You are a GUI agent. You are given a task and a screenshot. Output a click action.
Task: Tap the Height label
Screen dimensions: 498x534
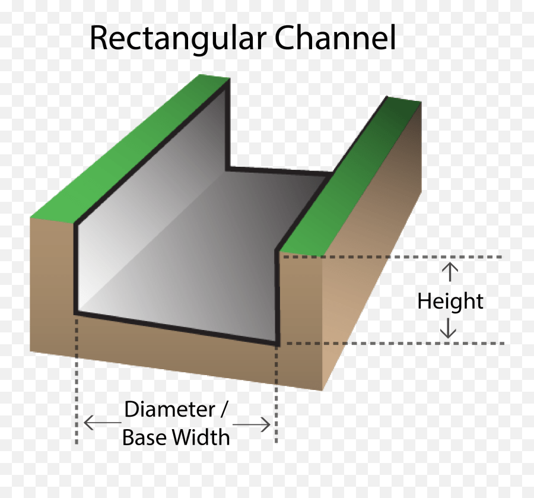click(450, 302)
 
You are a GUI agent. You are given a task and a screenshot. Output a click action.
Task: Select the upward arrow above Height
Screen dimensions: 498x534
click(450, 272)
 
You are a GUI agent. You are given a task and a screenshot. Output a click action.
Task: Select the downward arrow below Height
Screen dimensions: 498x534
click(449, 328)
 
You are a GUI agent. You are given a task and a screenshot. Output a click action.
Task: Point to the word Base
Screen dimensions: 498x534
click(145, 438)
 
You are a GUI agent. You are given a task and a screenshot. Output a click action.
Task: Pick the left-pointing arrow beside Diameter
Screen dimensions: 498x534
click(102, 423)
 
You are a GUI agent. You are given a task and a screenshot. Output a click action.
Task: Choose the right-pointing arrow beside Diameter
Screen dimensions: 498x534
click(253, 424)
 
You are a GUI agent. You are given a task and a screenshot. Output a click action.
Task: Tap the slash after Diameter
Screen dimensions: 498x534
click(224, 410)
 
